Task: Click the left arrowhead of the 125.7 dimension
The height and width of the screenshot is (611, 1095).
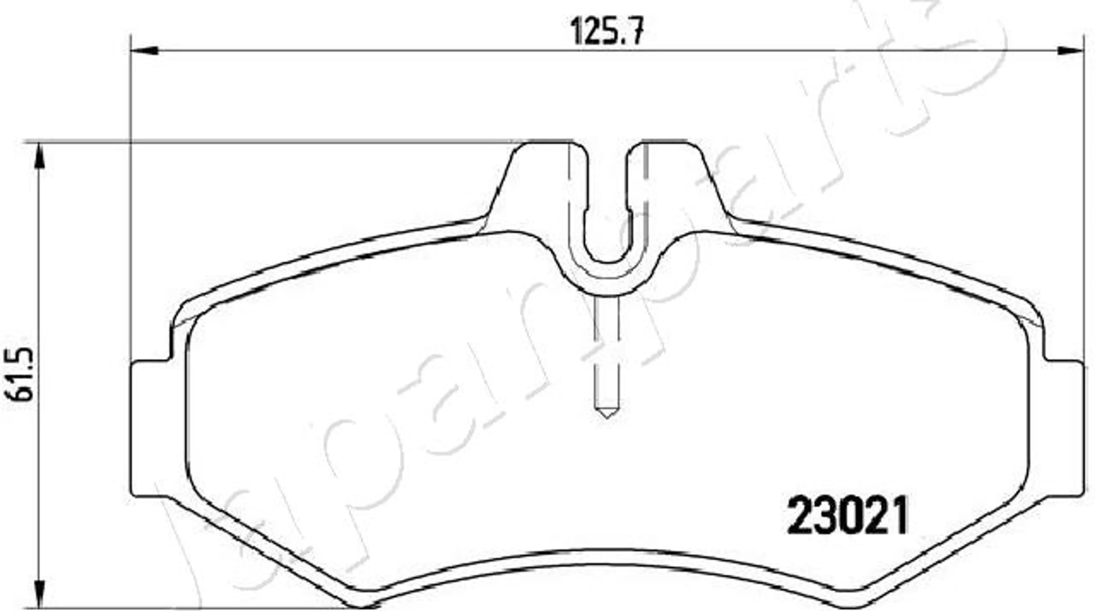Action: tap(145, 51)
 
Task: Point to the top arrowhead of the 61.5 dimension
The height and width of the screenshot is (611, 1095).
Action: tap(39, 157)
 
